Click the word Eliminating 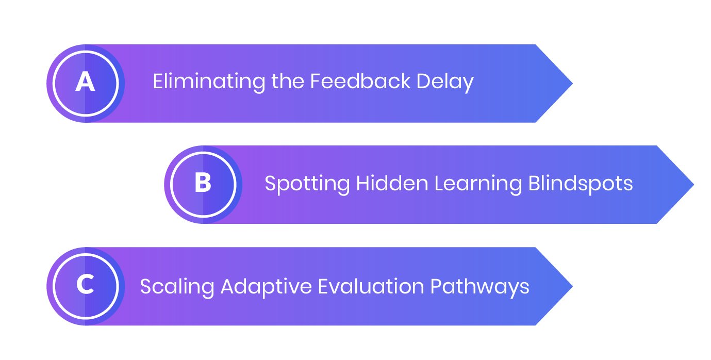click(x=209, y=82)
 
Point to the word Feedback click(x=360, y=81)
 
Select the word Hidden click(x=392, y=183)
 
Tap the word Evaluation click(x=371, y=286)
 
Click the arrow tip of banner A click(x=573, y=84)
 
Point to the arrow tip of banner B click(x=694, y=185)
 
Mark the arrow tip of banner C click(x=573, y=286)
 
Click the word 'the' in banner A click(x=288, y=81)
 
